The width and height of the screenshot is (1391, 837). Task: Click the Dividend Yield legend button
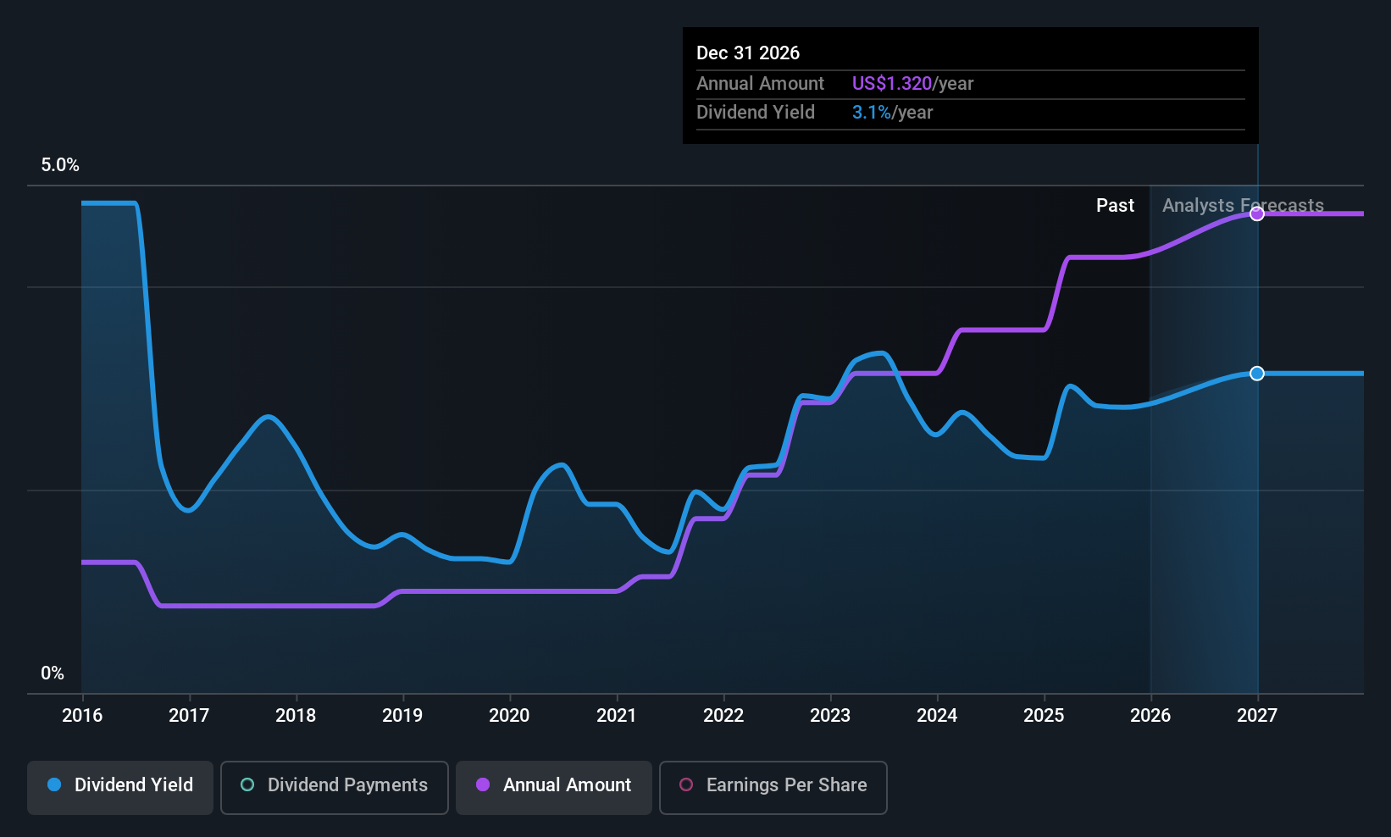[x=119, y=787]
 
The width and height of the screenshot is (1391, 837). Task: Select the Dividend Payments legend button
[x=334, y=787]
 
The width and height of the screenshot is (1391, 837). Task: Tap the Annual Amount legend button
[x=553, y=787]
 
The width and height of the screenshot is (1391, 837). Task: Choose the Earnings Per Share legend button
[x=773, y=787]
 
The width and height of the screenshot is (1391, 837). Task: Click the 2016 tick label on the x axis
[x=82, y=715]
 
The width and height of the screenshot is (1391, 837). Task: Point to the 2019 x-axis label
[x=402, y=715]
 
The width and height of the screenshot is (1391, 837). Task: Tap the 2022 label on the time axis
[x=723, y=715]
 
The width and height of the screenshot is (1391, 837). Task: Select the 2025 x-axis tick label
[x=1044, y=715]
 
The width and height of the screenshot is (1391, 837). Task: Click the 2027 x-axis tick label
[x=1257, y=715]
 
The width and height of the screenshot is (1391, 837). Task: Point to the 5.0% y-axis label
[x=60, y=165]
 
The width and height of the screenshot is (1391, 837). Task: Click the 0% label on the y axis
[x=53, y=673]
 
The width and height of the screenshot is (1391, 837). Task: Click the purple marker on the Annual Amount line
[x=1257, y=213]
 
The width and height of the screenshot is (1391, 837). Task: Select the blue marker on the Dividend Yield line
[x=1257, y=373]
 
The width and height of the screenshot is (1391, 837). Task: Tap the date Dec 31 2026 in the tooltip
[x=748, y=53]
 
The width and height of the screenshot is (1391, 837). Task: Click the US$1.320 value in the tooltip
[x=892, y=83]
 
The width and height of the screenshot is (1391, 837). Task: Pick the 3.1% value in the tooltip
[x=871, y=113]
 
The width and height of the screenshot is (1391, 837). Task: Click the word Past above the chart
[x=1115, y=206]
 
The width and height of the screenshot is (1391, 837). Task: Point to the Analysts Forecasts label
[x=1243, y=206]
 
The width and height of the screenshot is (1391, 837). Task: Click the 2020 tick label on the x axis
[x=509, y=715]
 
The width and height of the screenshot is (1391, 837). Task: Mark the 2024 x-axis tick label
[x=937, y=715]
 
